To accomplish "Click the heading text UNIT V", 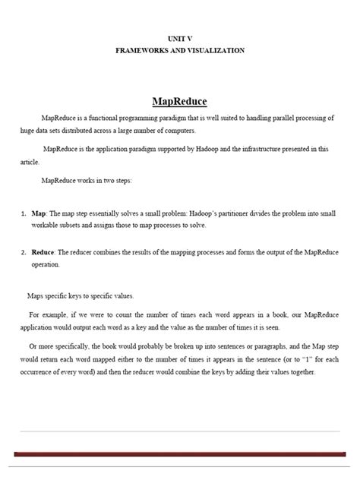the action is (x=180, y=37).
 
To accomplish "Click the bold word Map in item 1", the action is (x=39, y=215).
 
